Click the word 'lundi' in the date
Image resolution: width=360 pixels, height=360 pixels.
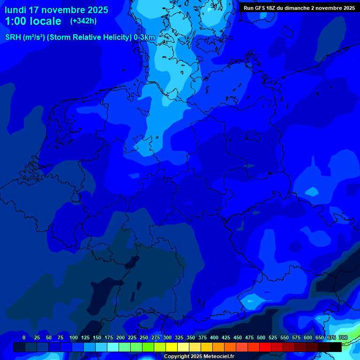coord(15,10)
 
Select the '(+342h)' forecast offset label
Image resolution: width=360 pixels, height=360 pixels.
coord(83,21)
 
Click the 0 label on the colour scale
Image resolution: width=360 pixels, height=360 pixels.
coord(24,337)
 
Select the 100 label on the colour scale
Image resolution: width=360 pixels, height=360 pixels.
coord(74,337)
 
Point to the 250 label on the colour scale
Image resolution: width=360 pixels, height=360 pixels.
coord(144,337)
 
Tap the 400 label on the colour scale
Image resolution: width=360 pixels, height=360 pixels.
coord(214,337)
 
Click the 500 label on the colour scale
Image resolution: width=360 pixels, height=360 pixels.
coord(261,337)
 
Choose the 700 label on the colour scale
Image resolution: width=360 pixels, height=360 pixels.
coord(343,337)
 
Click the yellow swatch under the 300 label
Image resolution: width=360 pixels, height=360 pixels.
coord(172,347)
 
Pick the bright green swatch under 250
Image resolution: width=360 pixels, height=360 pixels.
coord(148,347)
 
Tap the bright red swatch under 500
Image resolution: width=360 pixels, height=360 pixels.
coord(265,347)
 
